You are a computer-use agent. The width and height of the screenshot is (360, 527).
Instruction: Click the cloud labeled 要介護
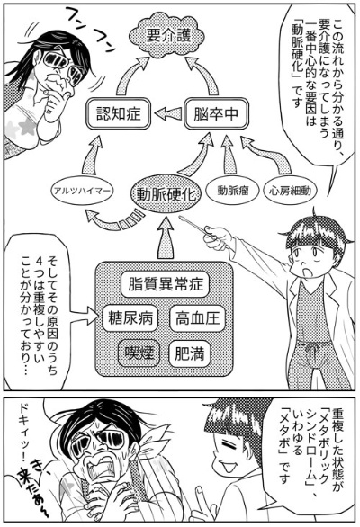pos(167,36)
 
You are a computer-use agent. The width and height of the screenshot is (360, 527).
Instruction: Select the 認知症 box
pos(119,113)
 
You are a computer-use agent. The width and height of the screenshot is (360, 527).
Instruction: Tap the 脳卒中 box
pos(216,113)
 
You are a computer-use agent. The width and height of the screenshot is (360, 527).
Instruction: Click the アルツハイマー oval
pos(82,192)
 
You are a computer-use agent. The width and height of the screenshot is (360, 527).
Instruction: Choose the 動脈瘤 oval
pos(232,191)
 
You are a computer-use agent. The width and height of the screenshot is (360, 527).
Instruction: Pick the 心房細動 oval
pos(290,191)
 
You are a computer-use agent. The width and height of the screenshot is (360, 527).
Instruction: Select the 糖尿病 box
pos(130,317)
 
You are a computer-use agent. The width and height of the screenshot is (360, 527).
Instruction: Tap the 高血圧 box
pos(197,317)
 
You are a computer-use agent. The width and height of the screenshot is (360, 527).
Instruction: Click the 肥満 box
pos(190,353)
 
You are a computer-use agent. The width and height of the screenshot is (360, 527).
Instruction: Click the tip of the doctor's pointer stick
pos(180,218)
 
